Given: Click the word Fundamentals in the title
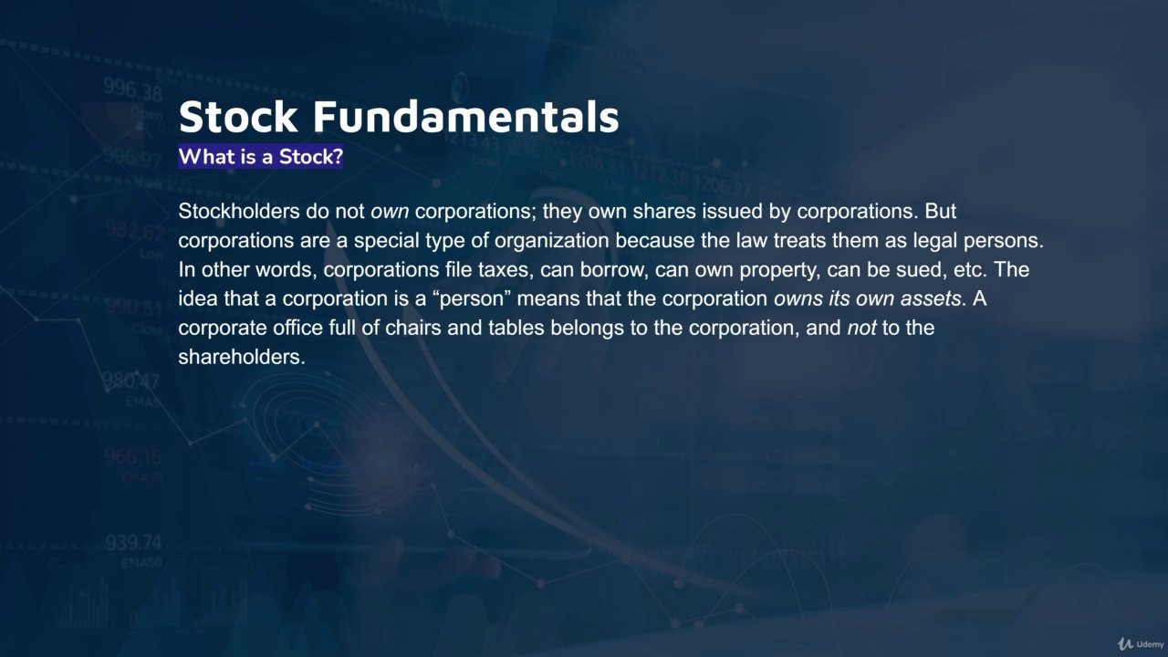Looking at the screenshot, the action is pyautogui.click(x=465, y=116).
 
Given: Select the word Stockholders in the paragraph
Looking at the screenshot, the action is pyautogui.click(x=239, y=211).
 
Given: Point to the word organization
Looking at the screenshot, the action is pyautogui.click(x=552, y=241).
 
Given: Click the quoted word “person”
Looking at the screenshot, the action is pyautogui.click(x=472, y=299).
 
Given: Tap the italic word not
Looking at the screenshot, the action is pyautogui.click(x=861, y=328).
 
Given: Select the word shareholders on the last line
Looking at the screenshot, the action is pyautogui.click(x=242, y=358).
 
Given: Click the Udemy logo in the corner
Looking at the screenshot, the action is pyautogui.click(x=1141, y=644).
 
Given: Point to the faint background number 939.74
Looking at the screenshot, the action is pyautogui.click(x=133, y=542).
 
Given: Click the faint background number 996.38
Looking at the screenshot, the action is pyautogui.click(x=132, y=89).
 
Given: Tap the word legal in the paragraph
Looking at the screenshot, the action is pyautogui.click(x=935, y=241).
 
